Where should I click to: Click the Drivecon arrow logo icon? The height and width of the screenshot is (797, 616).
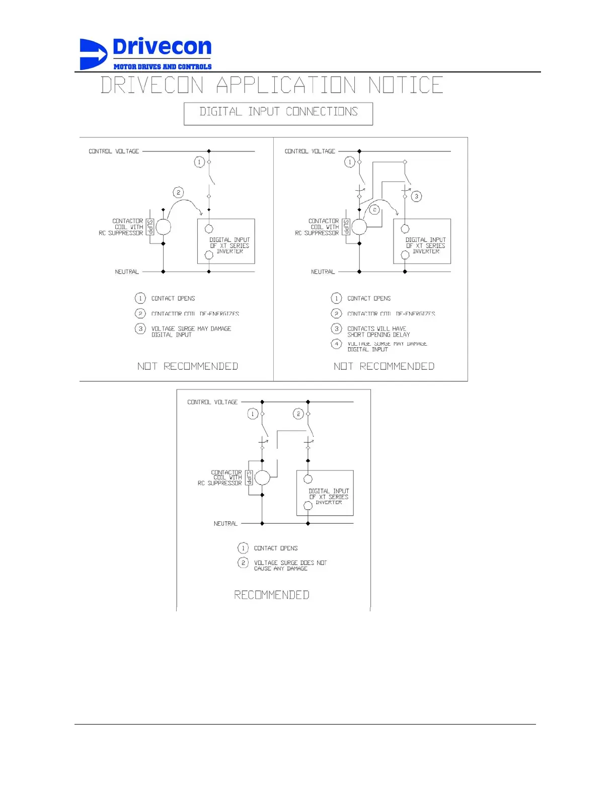point(93,54)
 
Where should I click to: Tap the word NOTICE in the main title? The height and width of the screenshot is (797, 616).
point(406,85)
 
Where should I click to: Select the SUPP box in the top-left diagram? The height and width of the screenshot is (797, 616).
point(149,227)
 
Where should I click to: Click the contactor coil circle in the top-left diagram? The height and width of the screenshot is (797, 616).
point(163,227)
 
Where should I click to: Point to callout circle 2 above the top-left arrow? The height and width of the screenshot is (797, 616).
point(178,192)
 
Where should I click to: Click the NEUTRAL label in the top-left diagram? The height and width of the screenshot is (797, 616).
point(127,272)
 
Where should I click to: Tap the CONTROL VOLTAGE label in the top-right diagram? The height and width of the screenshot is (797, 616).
point(310,151)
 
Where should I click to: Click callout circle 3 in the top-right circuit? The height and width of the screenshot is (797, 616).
point(416,196)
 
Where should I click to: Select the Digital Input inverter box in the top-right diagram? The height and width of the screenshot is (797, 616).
point(422,242)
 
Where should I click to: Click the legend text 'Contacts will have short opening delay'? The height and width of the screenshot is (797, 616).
point(378,332)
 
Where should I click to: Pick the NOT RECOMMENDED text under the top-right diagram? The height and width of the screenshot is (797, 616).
point(384,366)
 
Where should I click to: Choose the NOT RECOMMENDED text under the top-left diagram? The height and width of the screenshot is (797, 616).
point(188,366)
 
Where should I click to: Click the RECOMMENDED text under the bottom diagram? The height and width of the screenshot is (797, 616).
point(272,595)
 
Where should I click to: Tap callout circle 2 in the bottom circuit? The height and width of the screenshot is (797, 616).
point(298,414)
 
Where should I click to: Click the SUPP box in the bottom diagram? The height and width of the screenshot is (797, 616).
point(249,477)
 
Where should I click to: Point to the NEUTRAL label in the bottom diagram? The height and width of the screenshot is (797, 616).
point(225,524)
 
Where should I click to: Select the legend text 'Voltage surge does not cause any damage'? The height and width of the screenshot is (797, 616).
point(290,566)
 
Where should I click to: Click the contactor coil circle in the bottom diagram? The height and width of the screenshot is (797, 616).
point(262,477)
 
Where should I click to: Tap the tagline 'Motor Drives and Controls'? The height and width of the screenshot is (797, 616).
point(162,66)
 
